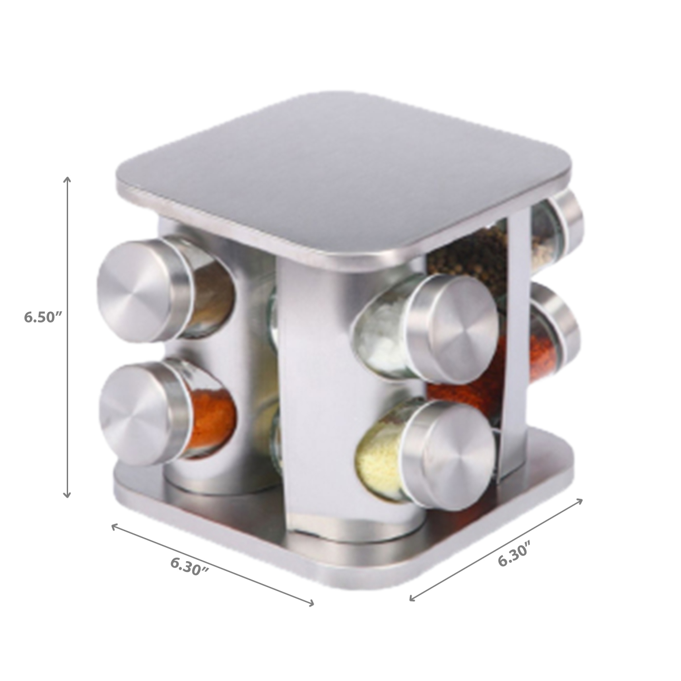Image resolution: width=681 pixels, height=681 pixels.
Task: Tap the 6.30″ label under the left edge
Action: click(x=190, y=566)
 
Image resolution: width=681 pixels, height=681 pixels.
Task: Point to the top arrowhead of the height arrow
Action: click(x=68, y=178)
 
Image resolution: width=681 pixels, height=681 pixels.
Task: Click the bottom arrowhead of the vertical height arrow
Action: click(x=67, y=496)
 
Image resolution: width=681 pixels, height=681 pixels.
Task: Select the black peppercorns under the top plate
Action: click(x=468, y=254)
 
